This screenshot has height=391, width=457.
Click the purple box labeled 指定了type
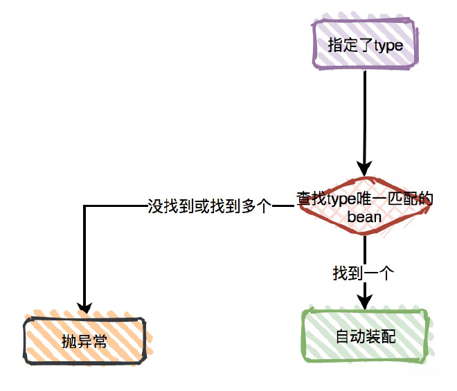[364, 45]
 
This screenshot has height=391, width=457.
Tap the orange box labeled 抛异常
[84, 340]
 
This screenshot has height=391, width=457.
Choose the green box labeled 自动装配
[365, 336]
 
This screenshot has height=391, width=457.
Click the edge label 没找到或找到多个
[208, 206]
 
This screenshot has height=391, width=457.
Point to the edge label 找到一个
[364, 273]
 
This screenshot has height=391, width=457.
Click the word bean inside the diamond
[364, 217]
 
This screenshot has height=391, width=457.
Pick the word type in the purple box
[388, 46]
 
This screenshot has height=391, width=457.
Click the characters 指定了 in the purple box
[350, 46]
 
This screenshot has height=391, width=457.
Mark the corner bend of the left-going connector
[84, 206]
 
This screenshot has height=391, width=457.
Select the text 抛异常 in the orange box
[84, 341]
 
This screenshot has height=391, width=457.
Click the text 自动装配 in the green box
[365, 337]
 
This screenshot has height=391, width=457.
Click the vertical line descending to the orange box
[84, 256]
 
